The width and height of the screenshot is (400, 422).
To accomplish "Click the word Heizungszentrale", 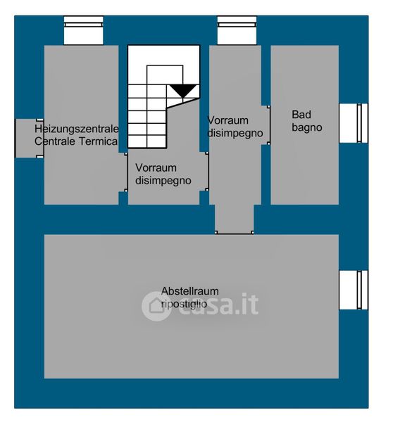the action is pos(77,129).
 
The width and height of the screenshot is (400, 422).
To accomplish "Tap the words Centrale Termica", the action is pos(76,141).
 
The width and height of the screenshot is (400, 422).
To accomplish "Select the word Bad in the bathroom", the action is pos(301,115).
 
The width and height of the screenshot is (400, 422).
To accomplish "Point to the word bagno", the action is pos(307,127).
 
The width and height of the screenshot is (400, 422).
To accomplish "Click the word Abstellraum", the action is pos(189,291).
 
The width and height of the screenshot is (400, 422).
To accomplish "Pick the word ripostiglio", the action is pos(184,304).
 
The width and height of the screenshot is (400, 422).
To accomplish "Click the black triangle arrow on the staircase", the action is pos(184,91).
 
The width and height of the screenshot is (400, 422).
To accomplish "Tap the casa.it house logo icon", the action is pos(156,306).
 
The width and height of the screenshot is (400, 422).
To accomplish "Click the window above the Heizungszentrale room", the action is pos(84,30).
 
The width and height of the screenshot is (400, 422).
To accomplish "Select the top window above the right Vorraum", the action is pos(237,30).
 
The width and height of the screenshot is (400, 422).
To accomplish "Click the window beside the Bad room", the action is pos(354,123).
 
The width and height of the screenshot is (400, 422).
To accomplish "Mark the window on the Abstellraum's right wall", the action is pos(354,290).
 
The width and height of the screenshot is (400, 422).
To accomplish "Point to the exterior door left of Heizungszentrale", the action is pos(29,139).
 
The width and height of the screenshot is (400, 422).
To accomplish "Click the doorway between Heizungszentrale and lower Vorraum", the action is pos(125,172).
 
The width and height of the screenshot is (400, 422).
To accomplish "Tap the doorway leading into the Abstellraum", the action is pos(235,233).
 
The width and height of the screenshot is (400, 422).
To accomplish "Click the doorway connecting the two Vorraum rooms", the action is pos(207,172).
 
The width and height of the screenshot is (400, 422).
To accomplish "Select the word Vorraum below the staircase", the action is pos(156,168).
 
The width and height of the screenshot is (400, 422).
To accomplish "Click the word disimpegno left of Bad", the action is pos(235,133).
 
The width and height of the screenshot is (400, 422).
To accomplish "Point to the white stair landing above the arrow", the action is pos(165,75).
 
